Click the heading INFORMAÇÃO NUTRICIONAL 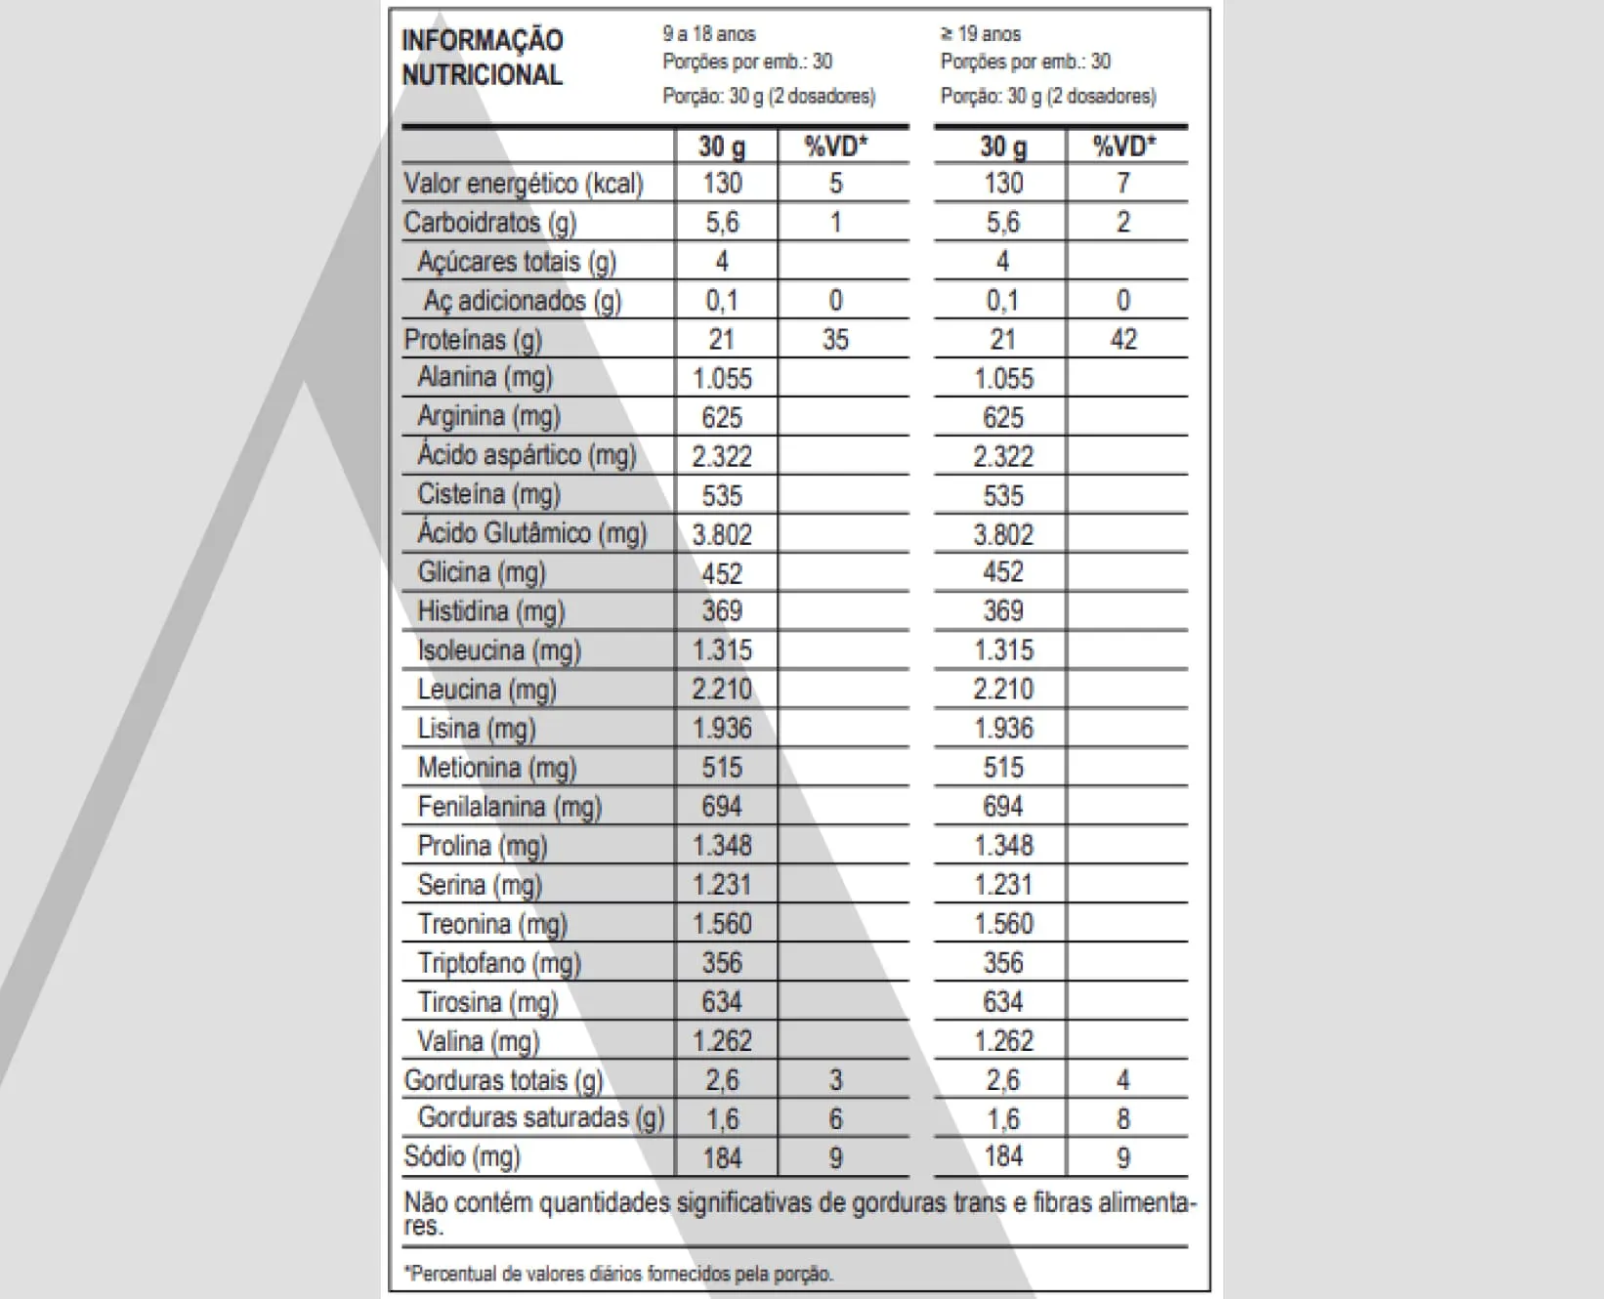(483, 58)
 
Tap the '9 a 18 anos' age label (709, 34)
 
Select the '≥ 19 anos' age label (981, 34)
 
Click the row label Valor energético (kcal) (524, 184)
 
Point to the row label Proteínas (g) (473, 340)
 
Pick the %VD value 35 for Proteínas (835, 340)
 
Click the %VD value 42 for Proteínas (1123, 340)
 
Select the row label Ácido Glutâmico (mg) (532, 533)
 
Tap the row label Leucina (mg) (486, 690)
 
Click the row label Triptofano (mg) (499, 963)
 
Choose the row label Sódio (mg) (462, 1157)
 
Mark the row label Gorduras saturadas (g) (541, 1118)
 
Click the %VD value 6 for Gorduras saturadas (835, 1119)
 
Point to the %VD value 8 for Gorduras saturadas (1123, 1119)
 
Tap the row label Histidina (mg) (491, 611)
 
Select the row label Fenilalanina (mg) (510, 807)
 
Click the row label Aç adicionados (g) (523, 301)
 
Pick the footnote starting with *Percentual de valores (618, 1274)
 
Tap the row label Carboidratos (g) (490, 223)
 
